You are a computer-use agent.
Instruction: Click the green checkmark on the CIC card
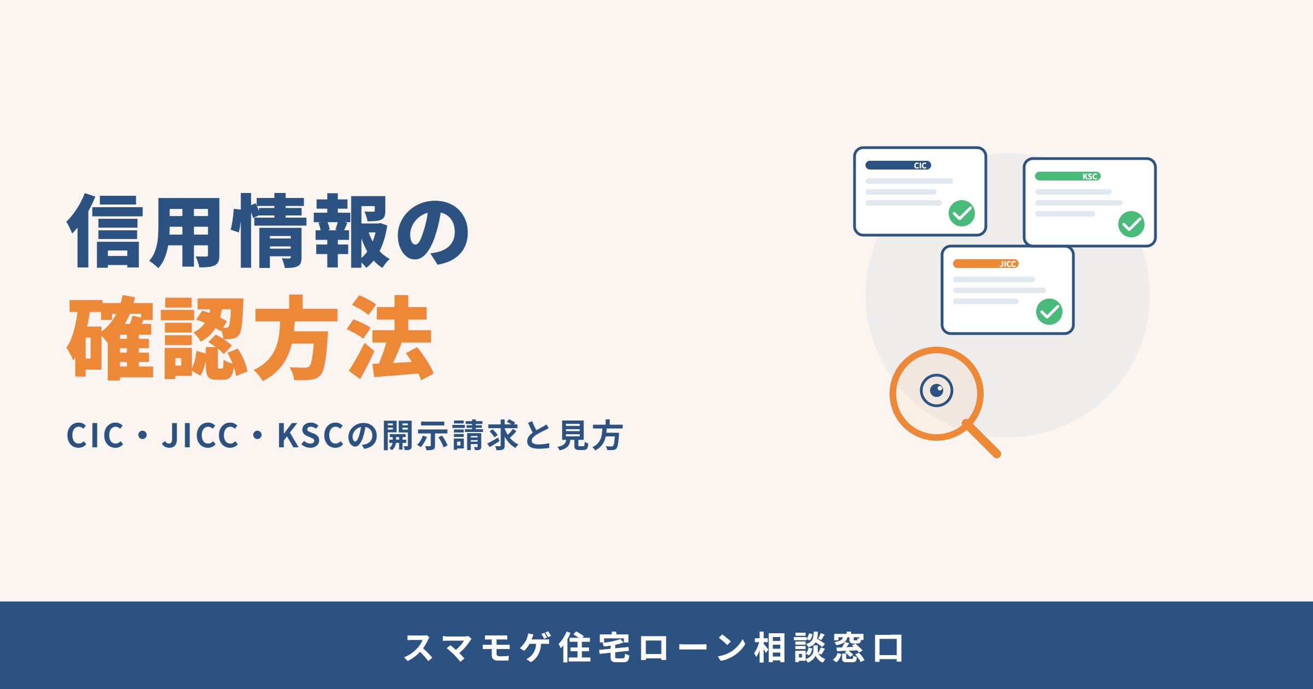tap(962, 213)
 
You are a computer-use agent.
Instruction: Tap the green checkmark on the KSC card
tap(1131, 224)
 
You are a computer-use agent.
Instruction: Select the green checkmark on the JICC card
tap(1049, 312)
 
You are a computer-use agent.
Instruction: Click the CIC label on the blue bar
tap(920, 166)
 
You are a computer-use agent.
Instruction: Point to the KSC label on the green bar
tap(1090, 177)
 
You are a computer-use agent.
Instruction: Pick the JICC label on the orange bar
tap(1008, 264)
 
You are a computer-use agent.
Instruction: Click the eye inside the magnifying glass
tap(937, 390)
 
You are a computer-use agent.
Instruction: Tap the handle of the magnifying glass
tap(981, 439)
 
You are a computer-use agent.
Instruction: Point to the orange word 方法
tap(344, 337)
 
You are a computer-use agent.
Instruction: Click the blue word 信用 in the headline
tap(144, 231)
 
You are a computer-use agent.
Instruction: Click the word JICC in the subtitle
tap(200, 435)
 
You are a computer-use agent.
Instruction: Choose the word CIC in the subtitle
tap(95, 435)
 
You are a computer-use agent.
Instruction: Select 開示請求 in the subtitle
tap(450, 435)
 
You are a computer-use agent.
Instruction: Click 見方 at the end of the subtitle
tap(590, 435)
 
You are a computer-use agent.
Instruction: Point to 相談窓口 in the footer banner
tap(829, 647)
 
